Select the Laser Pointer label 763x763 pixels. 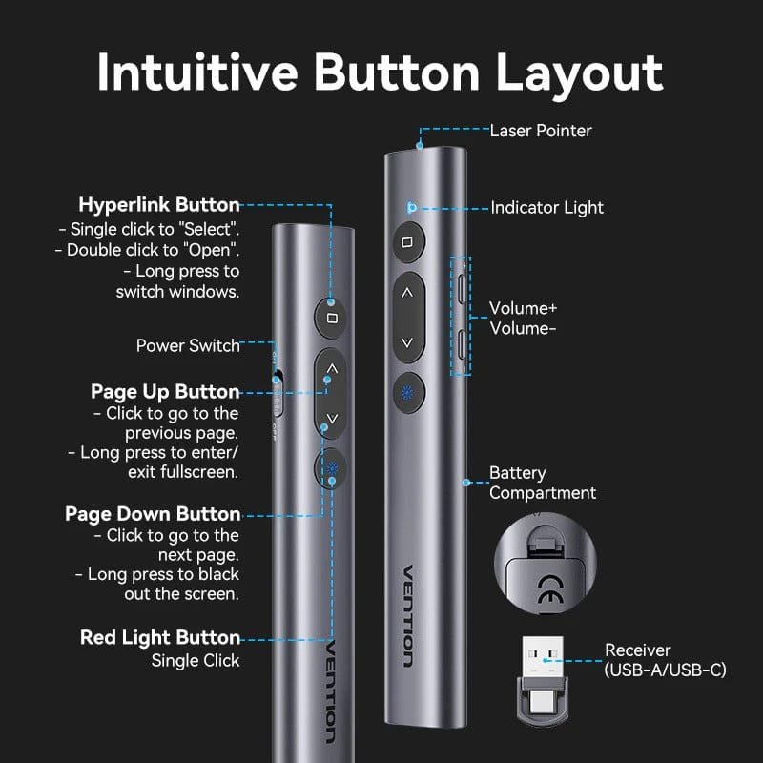(540, 130)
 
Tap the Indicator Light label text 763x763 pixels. (546, 207)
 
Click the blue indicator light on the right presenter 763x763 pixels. (411, 207)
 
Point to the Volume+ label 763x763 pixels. (523, 309)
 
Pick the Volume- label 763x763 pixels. (523, 328)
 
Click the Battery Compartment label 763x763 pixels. (542, 483)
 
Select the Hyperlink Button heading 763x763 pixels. (159, 205)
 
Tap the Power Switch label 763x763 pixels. (188, 345)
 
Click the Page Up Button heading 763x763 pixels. (165, 392)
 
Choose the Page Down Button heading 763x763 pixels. (153, 514)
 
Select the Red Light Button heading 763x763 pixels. (160, 637)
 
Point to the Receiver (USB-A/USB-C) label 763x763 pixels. (665, 660)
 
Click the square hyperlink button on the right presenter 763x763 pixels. (407, 242)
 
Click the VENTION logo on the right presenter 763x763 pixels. (407, 615)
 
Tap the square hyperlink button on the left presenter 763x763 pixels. (331, 318)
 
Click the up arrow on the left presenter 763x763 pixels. (331, 367)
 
